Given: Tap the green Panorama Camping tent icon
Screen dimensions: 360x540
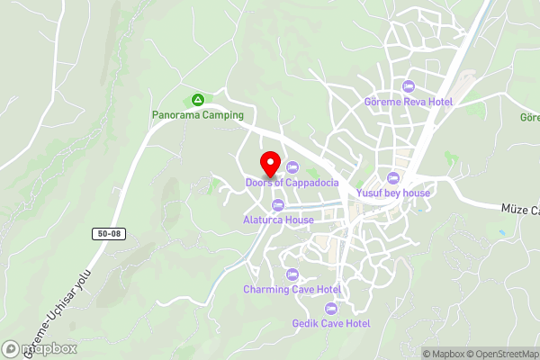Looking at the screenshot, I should tap(198, 99).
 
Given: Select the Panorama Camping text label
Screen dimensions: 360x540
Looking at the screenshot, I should tap(198, 115).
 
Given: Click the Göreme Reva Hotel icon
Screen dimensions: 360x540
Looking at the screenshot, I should tap(408, 86).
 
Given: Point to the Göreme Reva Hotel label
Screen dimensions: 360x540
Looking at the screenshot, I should tap(408, 102).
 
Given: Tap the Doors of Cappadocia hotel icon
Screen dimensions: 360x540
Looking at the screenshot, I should tap(292, 167).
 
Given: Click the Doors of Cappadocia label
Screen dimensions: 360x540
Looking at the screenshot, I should tap(292, 183).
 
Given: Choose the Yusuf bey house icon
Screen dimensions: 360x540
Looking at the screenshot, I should tap(392, 177).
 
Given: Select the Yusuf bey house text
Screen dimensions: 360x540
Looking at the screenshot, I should tap(392, 193).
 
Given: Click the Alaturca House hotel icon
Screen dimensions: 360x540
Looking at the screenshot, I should tap(278, 204).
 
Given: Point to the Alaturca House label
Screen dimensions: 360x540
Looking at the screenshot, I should tap(278, 220).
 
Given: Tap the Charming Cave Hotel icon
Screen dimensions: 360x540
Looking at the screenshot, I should tap(292, 274).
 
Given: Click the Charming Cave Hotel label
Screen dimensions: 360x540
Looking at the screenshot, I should tap(292, 289).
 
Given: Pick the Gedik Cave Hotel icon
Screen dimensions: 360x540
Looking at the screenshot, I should tap(331, 308).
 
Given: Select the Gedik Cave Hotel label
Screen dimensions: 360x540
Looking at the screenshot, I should tap(331, 323).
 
